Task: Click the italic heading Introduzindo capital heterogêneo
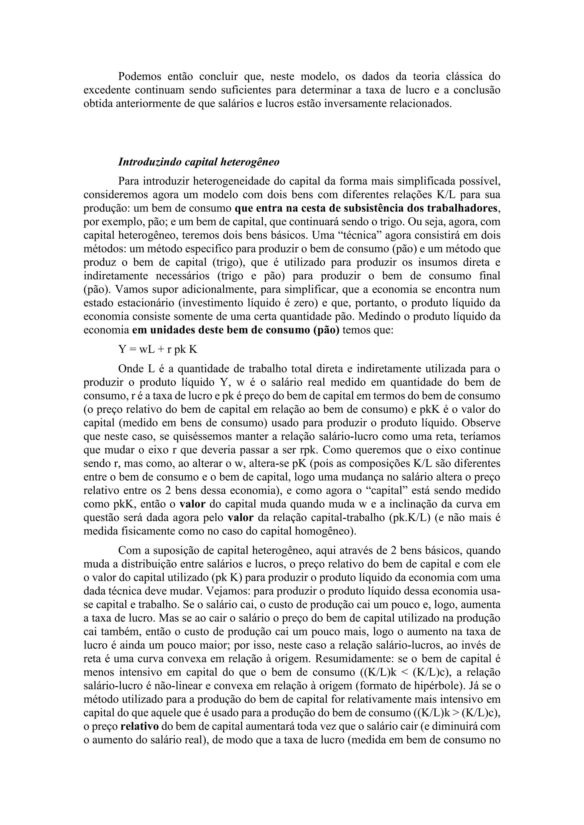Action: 198,162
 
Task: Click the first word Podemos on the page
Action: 138,77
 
